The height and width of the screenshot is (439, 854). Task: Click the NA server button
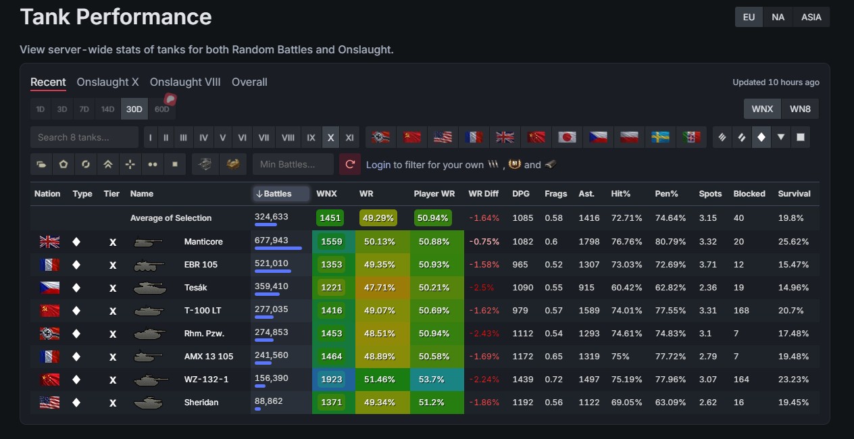(778, 17)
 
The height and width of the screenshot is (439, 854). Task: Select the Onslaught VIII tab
(185, 82)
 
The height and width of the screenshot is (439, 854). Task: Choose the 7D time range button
(84, 109)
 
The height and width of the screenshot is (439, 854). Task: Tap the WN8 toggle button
(800, 109)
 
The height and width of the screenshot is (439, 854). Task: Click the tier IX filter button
(311, 138)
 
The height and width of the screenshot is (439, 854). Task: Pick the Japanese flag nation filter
(567, 137)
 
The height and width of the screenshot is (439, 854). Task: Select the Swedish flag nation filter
(660, 137)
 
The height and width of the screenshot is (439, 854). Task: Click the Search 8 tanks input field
(84, 137)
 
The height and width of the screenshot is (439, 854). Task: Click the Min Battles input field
(293, 164)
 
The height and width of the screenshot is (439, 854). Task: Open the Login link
(378, 165)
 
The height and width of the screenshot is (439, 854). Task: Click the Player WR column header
(434, 194)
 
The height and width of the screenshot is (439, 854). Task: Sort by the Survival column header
(794, 194)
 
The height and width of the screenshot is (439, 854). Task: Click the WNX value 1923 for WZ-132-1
(331, 380)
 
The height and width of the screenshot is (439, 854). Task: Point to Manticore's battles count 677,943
(272, 240)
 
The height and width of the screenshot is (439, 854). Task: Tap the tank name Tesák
(195, 287)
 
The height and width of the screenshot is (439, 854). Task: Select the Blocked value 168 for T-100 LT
(741, 311)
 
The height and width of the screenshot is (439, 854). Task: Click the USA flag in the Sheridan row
(49, 403)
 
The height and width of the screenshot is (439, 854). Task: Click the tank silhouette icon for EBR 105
(149, 265)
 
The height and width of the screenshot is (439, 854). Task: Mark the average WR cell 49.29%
(378, 218)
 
